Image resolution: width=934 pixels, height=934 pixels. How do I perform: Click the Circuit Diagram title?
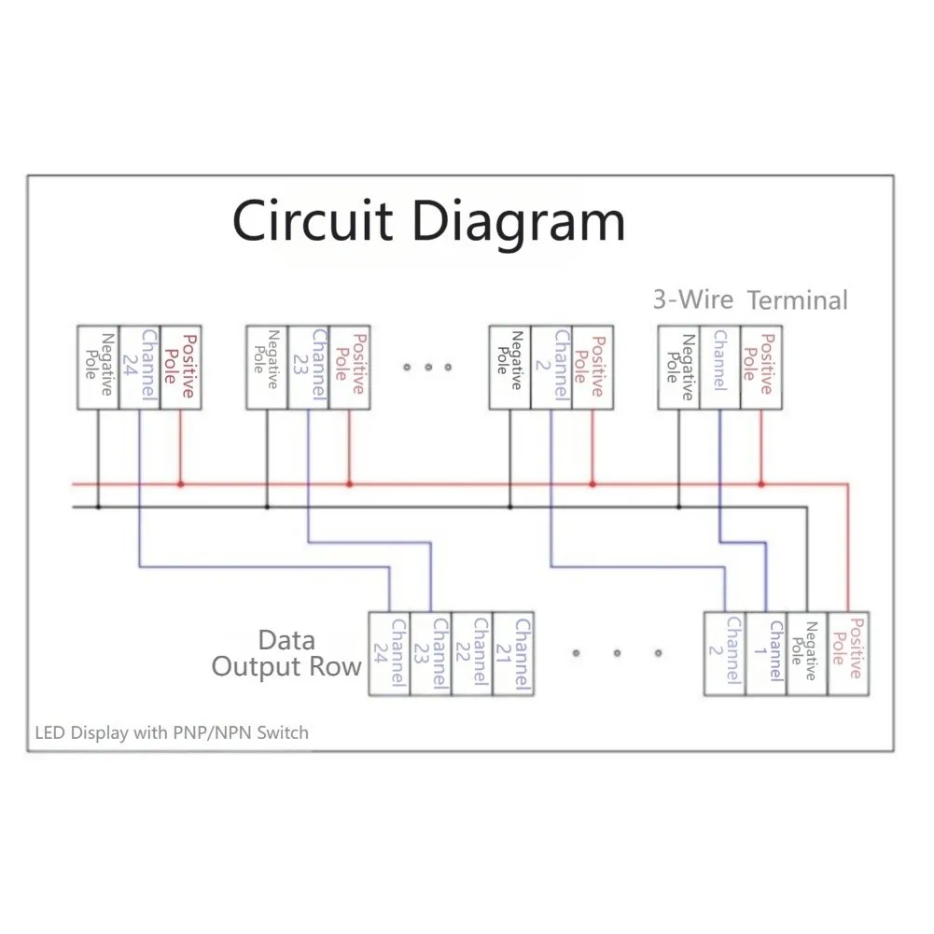[429, 221]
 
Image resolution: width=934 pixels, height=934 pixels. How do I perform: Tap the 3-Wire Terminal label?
[750, 300]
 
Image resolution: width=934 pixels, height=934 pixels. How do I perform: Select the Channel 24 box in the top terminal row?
[140, 368]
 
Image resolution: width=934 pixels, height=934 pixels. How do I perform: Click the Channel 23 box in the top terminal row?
[309, 368]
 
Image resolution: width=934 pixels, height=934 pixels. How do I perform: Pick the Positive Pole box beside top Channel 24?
[181, 368]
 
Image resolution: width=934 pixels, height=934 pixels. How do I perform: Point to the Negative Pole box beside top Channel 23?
[267, 368]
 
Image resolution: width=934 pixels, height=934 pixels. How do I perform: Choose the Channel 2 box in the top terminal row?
[551, 368]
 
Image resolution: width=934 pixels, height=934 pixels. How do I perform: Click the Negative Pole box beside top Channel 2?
[509, 368]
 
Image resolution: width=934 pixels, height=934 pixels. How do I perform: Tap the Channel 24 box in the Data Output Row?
[390, 653]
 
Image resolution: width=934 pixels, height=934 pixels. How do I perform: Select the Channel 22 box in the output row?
[472, 653]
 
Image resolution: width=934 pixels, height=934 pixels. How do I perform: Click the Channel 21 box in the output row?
[513, 653]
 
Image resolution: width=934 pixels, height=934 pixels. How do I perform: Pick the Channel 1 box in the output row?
[766, 653]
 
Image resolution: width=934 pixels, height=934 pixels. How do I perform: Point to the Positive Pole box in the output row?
[848, 653]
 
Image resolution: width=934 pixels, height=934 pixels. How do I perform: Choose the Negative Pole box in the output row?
[807, 653]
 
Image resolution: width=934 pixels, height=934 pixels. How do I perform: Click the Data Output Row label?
[286, 653]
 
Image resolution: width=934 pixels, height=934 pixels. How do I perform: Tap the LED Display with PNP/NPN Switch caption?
[172, 732]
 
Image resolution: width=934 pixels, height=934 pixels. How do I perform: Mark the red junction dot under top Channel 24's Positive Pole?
[180, 484]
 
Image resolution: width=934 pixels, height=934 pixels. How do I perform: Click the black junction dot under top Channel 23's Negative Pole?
[267, 507]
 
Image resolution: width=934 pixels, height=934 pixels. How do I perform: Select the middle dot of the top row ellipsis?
[428, 367]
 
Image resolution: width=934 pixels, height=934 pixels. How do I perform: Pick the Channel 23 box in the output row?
[431, 653]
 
